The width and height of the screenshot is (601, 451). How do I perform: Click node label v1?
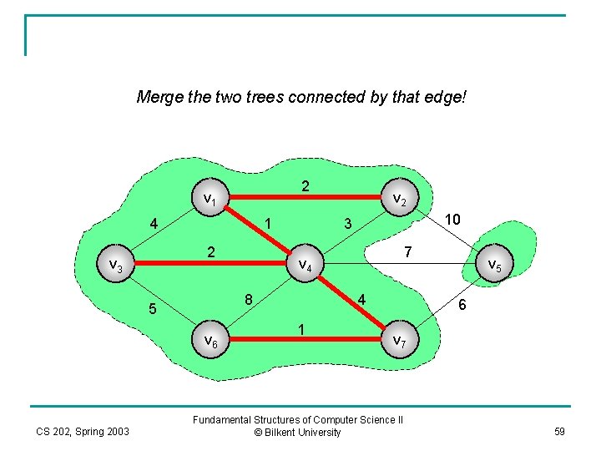tap(210, 200)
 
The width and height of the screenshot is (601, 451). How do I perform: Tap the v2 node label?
tap(400, 200)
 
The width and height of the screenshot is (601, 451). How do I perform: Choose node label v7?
tap(400, 340)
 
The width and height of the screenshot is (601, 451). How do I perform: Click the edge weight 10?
tap(452, 219)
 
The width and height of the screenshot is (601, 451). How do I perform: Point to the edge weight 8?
tap(249, 299)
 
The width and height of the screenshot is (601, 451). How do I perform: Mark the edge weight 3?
tap(348, 223)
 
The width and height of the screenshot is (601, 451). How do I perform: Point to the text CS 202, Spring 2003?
tap(83, 432)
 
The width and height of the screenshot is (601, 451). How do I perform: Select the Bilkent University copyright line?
tap(298, 433)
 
